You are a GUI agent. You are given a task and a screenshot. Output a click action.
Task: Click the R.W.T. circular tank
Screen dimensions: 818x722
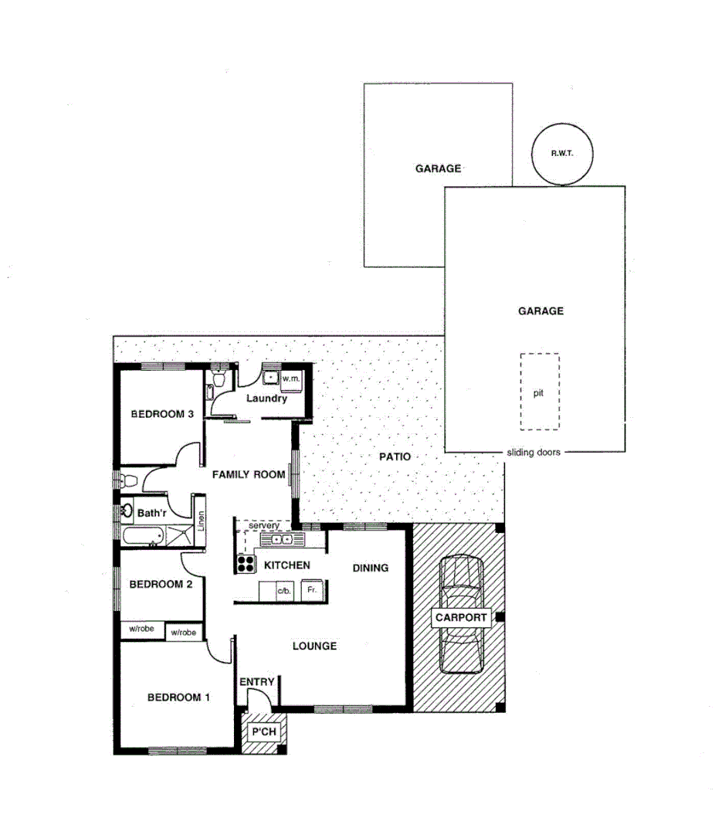(563, 154)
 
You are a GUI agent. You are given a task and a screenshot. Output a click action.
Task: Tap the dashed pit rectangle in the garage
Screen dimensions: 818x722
(539, 392)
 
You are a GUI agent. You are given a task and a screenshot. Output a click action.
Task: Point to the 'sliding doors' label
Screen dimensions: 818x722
(533, 453)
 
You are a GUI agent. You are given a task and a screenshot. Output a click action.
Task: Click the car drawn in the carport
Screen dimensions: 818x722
(460, 615)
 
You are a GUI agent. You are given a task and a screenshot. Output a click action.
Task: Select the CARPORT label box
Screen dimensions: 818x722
(461, 618)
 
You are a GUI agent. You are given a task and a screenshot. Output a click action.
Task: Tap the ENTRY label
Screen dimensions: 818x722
(257, 681)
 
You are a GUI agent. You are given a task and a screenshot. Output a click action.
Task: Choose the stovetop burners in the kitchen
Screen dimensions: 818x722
(246, 565)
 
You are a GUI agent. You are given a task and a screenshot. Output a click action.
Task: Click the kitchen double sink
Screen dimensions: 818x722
(276, 539)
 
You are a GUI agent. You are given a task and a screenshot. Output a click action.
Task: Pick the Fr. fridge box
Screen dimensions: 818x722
(313, 590)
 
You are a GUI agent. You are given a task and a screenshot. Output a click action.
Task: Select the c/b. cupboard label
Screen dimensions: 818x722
(284, 591)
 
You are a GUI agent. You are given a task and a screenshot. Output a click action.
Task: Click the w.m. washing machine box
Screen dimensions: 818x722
(290, 378)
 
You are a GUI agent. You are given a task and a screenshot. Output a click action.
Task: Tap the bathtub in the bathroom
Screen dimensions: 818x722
(143, 535)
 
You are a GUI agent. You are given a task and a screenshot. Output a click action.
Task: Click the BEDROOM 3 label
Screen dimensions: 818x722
(162, 414)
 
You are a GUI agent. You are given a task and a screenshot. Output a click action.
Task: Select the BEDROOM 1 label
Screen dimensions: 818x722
(178, 698)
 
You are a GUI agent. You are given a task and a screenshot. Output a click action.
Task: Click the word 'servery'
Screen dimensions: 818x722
(264, 525)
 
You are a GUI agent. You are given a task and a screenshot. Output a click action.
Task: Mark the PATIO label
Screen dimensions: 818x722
(395, 457)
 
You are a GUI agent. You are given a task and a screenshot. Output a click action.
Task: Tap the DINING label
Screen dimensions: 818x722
(370, 568)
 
